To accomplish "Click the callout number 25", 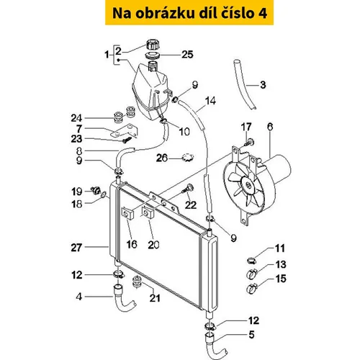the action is pos(187,55).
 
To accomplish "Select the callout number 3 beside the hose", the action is pos(263,85).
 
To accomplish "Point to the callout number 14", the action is pos(210,101).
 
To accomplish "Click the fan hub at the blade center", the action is pos(248,186).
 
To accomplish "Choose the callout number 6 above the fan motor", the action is pos(270,127).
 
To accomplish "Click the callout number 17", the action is pos(246,127).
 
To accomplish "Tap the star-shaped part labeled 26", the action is pos(188,158).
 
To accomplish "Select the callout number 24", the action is pos(76,118).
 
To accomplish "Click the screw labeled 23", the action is pos(127,140).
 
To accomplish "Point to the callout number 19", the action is pos(77,192).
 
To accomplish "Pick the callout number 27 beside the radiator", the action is pos(76,248).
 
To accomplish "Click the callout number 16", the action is pos(132,244).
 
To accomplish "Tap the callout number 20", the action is pos(153,245).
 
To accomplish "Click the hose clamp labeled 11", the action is pos(251,260).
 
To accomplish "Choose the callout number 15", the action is pos(281,279).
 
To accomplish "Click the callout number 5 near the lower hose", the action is pos(251,335).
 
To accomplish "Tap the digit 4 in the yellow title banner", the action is pos(262,13).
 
